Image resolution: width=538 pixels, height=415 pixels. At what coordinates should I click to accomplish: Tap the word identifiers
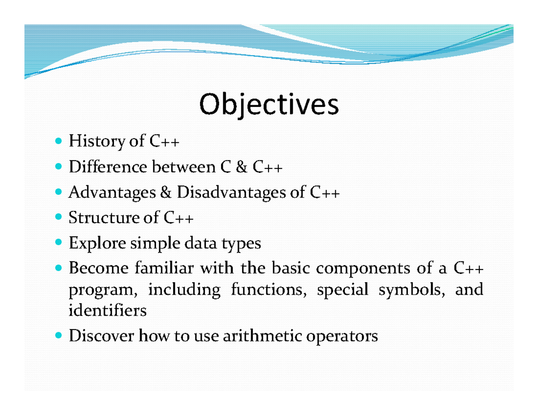[x=107, y=310]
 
